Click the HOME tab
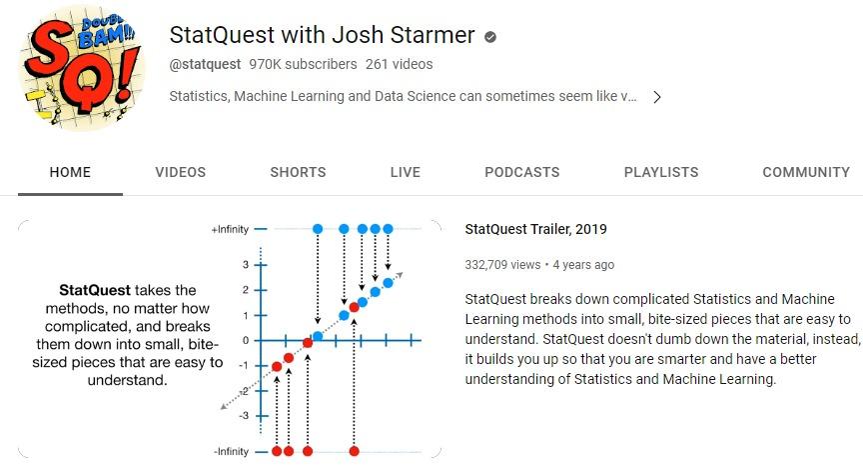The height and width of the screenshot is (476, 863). (x=70, y=172)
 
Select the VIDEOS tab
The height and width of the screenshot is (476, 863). (x=181, y=172)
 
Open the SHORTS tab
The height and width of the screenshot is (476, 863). (x=298, y=172)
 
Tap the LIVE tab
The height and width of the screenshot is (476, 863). (x=406, y=172)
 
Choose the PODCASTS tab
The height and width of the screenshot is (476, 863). (x=521, y=172)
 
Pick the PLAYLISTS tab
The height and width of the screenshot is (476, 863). (x=661, y=172)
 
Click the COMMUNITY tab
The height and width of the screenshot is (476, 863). (x=806, y=172)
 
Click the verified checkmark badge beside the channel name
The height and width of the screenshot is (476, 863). (x=490, y=37)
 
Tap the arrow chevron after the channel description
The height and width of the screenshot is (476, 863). (x=656, y=98)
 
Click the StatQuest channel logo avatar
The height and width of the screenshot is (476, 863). (x=82, y=68)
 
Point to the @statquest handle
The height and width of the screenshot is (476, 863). (x=205, y=64)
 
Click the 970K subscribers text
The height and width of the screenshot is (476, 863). (x=303, y=64)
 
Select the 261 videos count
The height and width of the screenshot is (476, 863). (x=399, y=64)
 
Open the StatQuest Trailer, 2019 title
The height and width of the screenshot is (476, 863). (x=535, y=229)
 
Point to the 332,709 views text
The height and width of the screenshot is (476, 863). (x=502, y=265)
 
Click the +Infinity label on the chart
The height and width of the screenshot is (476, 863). (x=230, y=229)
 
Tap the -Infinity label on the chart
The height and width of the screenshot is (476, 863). (x=231, y=451)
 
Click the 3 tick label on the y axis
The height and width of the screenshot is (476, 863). (x=246, y=264)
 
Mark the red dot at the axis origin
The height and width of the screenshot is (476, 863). (x=308, y=343)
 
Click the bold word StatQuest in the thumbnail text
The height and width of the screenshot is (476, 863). (x=95, y=290)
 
